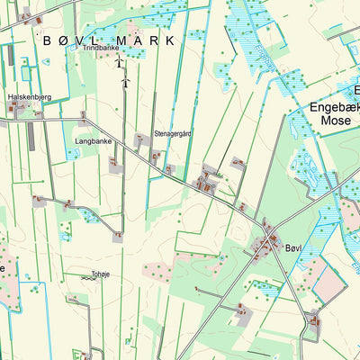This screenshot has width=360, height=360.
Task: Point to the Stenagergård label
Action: (174, 133)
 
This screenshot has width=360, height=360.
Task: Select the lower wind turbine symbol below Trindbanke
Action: (126, 82)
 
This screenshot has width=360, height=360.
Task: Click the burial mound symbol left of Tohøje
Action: (85, 278)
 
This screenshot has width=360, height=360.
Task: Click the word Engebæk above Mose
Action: (334, 105)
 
